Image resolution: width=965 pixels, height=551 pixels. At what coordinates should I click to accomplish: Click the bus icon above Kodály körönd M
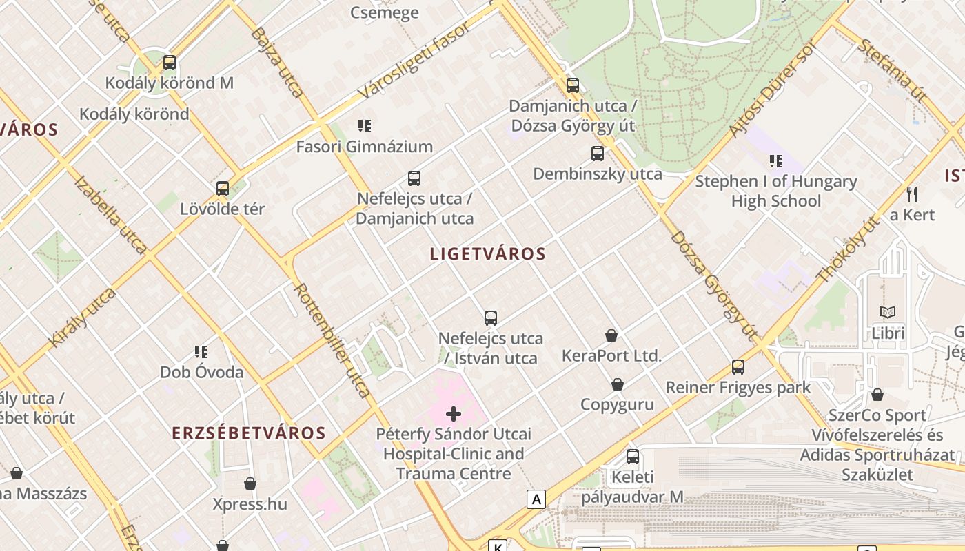click(x=170, y=63)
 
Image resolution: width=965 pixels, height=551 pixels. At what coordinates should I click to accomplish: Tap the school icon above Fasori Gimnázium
click(x=365, y=125)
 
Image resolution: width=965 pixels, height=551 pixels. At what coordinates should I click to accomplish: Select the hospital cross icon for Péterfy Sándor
click(x=454, y=414)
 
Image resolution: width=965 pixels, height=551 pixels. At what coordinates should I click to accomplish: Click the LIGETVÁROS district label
click(x=488, y=253)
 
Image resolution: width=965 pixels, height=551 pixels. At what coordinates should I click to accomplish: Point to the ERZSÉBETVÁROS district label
click(x=248, y=433)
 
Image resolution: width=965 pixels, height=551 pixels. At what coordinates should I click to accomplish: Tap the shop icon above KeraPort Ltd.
click(x=611, y=335)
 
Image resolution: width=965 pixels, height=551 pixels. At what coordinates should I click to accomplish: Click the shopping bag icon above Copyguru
click(x=618, y=384)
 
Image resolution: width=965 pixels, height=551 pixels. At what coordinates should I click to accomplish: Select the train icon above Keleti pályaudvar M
click(x=633, y=456)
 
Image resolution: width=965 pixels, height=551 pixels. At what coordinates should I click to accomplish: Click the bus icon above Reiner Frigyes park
click(x=738, y=366)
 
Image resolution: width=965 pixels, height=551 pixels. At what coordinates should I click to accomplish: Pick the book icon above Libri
click(x=888, y=312)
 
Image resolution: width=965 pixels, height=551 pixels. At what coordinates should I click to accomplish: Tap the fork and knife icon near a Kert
click(x=912, y=194)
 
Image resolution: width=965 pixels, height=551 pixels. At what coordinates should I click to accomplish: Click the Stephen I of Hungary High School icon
click(x=776, y=161)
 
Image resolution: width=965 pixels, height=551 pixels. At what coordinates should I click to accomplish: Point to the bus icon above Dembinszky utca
click(x=598, y=153)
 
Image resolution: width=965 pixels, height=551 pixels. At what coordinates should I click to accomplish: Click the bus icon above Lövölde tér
click(x=223, y=188)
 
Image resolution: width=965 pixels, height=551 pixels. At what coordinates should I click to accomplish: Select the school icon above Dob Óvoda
click(x=201, y=352)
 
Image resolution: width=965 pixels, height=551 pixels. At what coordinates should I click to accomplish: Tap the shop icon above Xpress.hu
click(x=250, y=484)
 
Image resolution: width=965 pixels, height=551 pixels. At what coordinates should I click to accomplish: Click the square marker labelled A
click(x=536, y=499)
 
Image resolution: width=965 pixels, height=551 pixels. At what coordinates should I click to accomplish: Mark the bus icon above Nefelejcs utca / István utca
click(x=491, y=318)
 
